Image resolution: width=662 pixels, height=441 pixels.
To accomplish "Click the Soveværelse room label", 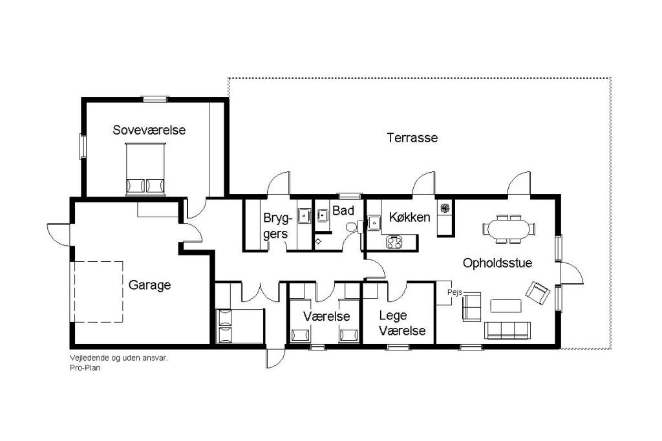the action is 149,130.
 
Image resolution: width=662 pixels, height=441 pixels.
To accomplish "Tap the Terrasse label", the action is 412,138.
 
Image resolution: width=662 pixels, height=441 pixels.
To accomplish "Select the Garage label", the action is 149,285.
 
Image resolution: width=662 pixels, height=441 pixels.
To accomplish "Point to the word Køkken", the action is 409,217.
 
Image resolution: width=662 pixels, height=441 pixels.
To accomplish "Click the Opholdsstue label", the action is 497,263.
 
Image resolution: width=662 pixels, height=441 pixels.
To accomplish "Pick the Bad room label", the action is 343,210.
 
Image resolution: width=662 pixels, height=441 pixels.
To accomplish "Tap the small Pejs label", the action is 454,292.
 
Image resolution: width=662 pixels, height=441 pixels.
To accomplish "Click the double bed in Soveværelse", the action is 145,169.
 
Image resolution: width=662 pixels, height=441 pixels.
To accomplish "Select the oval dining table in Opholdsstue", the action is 509,230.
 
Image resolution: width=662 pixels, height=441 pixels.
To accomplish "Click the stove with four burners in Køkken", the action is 394,242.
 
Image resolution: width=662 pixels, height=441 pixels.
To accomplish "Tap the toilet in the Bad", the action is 352,227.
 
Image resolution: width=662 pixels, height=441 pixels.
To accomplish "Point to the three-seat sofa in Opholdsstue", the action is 507,330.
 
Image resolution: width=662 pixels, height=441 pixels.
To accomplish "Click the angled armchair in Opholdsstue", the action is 538,293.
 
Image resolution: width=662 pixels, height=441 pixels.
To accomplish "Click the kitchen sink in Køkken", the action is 374,222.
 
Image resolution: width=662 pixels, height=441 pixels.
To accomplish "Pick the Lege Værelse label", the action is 402,323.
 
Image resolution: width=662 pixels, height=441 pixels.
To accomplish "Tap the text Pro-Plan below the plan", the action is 85,368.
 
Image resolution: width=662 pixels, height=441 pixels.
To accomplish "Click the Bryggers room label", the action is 277,226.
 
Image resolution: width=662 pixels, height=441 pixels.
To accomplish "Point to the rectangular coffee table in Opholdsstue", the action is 506,306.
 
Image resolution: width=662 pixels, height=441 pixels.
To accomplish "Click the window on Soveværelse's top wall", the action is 155,100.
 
